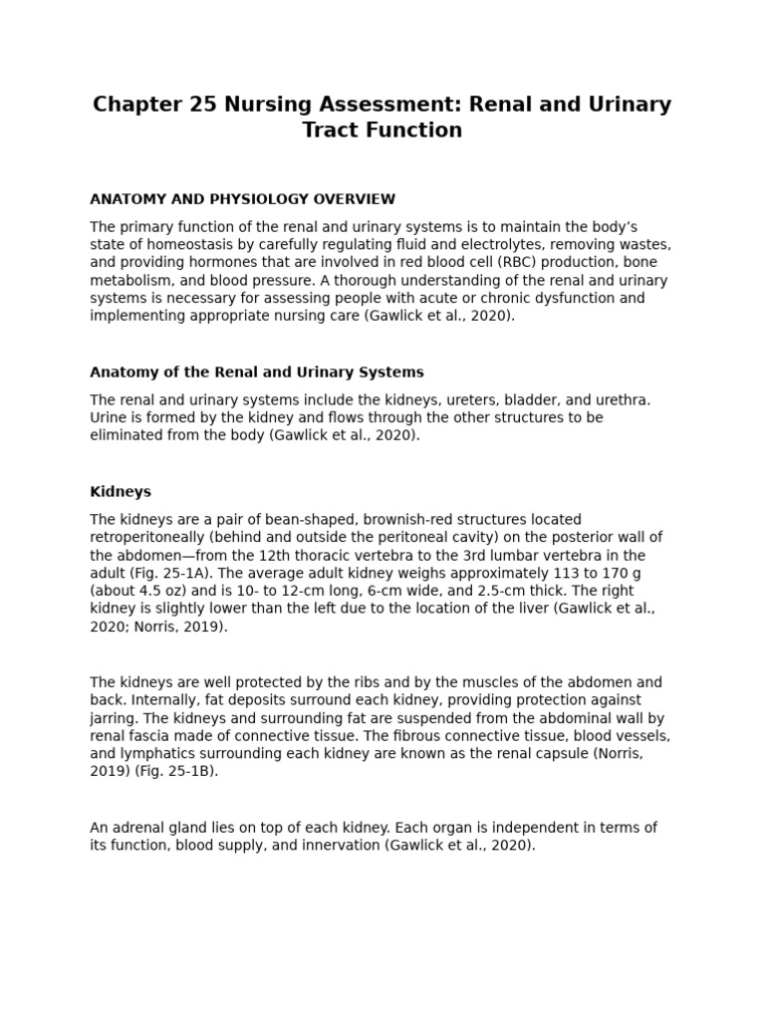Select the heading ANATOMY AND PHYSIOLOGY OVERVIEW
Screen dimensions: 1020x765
[242, 199]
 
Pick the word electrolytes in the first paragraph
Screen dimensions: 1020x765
[496, 245]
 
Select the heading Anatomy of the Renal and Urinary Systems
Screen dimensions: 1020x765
[256, 373]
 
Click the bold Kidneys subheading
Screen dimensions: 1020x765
[121, 492]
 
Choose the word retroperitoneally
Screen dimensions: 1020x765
[146, 537]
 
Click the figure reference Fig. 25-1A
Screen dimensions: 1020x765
[169, 573]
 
